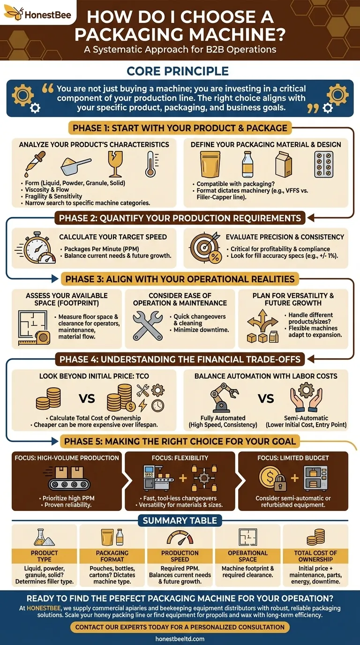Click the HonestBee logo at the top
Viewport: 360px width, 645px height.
[x=38, y=14]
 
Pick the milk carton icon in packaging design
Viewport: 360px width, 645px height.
[x=283, y=164]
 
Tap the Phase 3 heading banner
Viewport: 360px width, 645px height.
[x=180, y=279]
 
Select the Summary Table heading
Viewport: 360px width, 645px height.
[x=180, y=520]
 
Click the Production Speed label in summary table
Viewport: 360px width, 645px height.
[x=180, y=556]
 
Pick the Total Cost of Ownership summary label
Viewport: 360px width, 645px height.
[x=315, y=556]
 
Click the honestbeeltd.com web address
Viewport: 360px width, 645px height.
[x=180, y=638]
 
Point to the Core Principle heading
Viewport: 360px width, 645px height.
[x=178, y=71]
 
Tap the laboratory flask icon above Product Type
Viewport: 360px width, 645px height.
[x=45, y=537]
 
